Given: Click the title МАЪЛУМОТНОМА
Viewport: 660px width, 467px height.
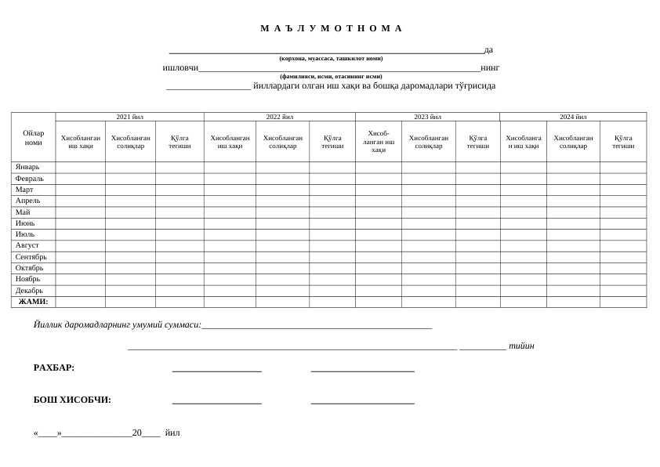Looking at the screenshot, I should (x=331, y=28).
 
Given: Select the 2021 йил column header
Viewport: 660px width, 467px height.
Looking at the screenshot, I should (x=129, y=117).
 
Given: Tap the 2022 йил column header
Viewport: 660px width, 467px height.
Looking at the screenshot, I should (x=279, y=117).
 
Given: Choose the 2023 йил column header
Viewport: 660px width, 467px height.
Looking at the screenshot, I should (x=427, y=117).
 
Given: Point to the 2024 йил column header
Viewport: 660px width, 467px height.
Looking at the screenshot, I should (x=573, y=117).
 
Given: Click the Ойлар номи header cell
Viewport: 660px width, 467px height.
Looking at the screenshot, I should (x=33, y=138).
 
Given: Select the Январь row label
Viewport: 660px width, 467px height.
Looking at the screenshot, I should (x=27, y=167).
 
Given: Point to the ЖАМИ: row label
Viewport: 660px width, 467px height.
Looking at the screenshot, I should (x=33, y=302).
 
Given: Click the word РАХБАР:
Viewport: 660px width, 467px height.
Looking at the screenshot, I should (x=54, y=367).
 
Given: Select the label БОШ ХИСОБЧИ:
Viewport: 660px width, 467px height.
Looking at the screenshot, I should (x=72, y=400).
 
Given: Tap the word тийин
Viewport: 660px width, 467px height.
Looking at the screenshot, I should (x=521, y=346).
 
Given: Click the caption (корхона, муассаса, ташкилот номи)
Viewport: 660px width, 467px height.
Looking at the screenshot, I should (x=331, y=58).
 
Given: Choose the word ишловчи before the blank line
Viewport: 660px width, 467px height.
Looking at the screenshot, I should (x=180, y=67).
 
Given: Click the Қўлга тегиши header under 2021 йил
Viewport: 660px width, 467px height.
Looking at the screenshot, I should (x=180, y=142).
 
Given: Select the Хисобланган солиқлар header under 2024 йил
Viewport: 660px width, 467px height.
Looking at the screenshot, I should (x=573, y=142).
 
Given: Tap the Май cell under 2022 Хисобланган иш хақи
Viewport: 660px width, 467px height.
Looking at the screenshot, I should (x=230, y=212).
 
